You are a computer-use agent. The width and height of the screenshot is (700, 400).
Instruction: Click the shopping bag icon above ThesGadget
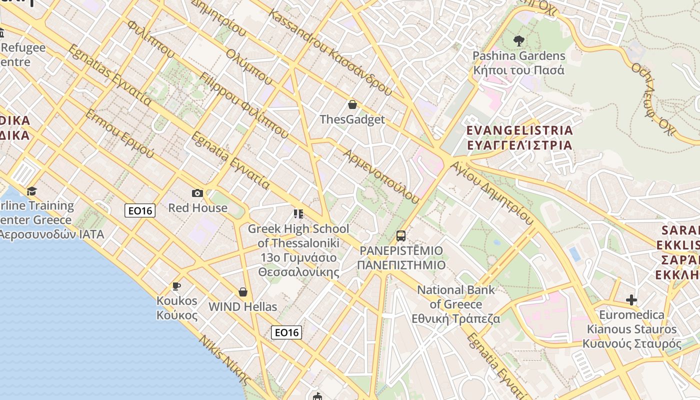(x=352, y=104)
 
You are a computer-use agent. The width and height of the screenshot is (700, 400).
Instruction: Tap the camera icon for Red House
(x=197, y=193)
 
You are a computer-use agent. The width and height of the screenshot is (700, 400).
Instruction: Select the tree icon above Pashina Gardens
(x=518, y=41)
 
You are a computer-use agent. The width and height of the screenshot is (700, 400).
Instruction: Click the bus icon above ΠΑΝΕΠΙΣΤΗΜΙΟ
(x=400, y=235)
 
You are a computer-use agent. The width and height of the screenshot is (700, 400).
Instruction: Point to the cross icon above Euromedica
(x=631, y=300)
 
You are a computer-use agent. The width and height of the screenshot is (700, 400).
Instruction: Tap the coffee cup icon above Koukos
(x=176, y=286)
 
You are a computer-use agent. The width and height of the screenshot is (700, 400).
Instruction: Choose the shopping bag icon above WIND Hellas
(x=243, y=292)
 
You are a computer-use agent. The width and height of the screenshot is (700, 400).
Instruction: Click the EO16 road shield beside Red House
(x=140, y=210)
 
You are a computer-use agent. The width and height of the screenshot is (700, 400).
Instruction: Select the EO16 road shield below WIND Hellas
(x=286, y=332)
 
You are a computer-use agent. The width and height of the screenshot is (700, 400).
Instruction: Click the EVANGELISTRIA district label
(x=519, y=130)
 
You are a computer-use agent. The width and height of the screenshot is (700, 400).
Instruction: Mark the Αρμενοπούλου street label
(x=381, y=175)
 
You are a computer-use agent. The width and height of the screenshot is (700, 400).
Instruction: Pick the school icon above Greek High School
(x=298, y=214)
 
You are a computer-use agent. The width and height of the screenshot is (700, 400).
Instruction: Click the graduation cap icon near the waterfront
(x=32, y=191)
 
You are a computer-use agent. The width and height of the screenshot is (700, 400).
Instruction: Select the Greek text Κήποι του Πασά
(x=518, y=70)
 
